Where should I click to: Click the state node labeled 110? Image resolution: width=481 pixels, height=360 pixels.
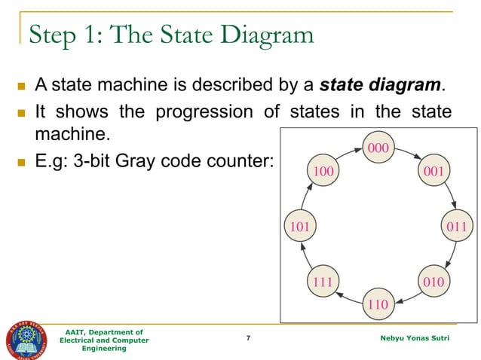377,304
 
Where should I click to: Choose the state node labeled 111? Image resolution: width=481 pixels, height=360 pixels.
323,282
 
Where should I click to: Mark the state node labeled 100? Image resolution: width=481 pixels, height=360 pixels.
323,171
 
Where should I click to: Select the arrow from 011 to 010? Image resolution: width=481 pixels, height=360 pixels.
449,256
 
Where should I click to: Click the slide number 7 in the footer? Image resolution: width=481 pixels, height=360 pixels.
249,339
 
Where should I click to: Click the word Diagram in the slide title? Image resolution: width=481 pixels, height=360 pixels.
256,35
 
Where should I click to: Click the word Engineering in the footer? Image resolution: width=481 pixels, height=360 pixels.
105,349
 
